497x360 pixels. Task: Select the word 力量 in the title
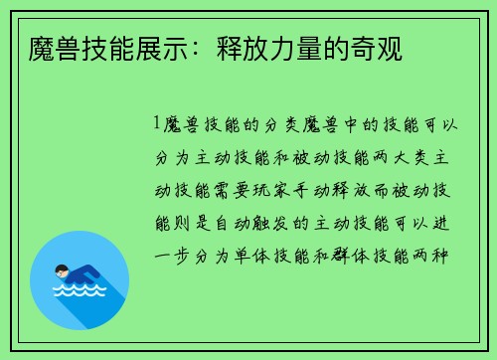304,49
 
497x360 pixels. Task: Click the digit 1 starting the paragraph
157,124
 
